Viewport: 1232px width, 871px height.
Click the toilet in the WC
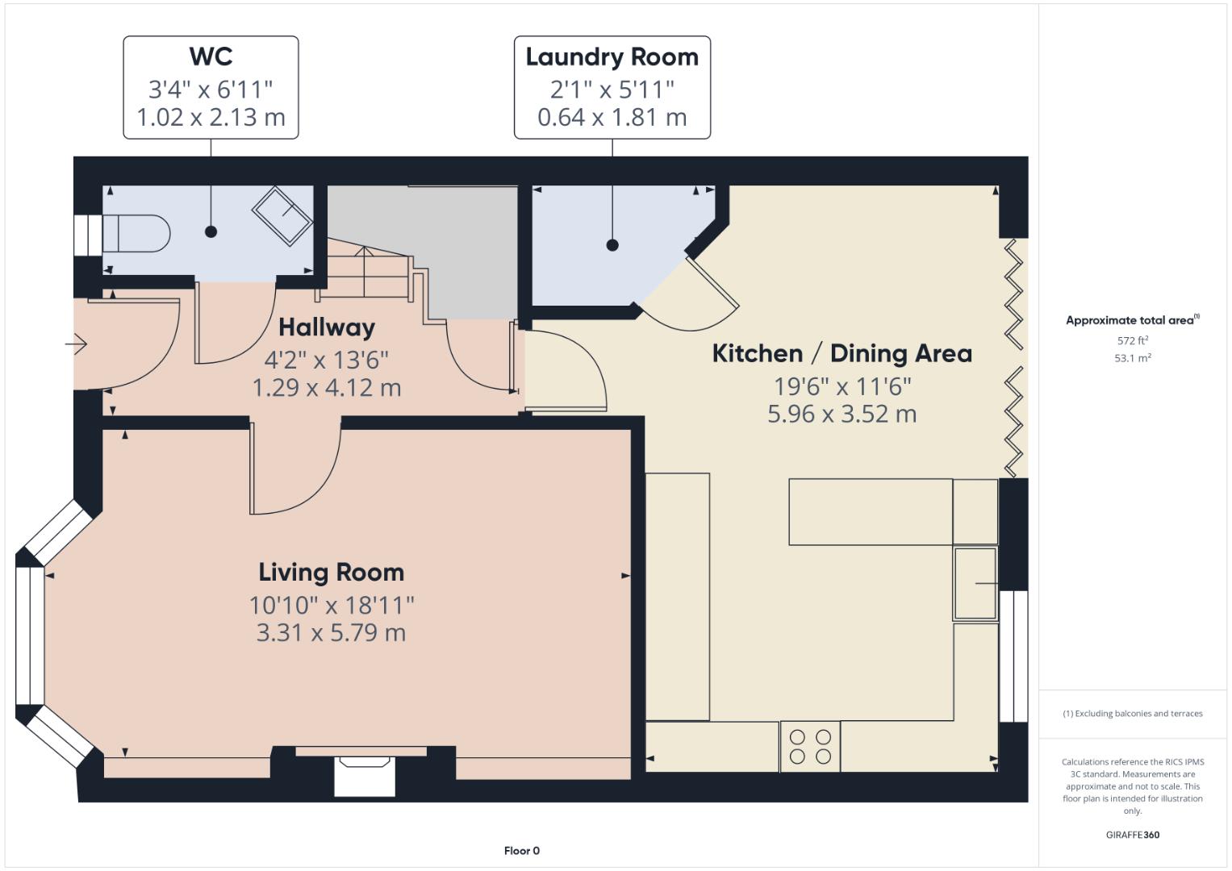click(x=136, y=233)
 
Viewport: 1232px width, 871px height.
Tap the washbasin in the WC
click(x=282, y=216)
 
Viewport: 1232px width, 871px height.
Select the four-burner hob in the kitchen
click(x=809, y=746)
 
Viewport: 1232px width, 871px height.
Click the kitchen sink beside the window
click(x=975, y=583)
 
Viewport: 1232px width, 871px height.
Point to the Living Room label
click(x=331, y=573)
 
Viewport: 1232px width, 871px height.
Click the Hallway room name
click(x=327, y=327)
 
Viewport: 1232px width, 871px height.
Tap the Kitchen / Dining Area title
click(x=842, y=353)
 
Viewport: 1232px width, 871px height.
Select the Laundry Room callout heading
click(x=612, y=57)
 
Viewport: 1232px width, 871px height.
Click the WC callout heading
click(x=211, y=56)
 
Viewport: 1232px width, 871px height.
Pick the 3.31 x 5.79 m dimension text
click(x=331, y=633)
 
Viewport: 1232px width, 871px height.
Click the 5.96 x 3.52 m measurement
click(x=842, y=414)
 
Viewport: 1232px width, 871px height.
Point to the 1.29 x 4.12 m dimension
click(x=327, y=388)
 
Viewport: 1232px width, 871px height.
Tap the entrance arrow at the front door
click(x=76, y=344)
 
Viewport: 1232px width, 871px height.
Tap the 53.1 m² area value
click(x=1133, y=358)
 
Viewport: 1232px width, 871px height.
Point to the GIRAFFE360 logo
click(x=1133, y=835)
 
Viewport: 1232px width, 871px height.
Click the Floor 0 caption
click(x=522, y=851)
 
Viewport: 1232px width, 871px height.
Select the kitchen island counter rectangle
click(x=871, y=512)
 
